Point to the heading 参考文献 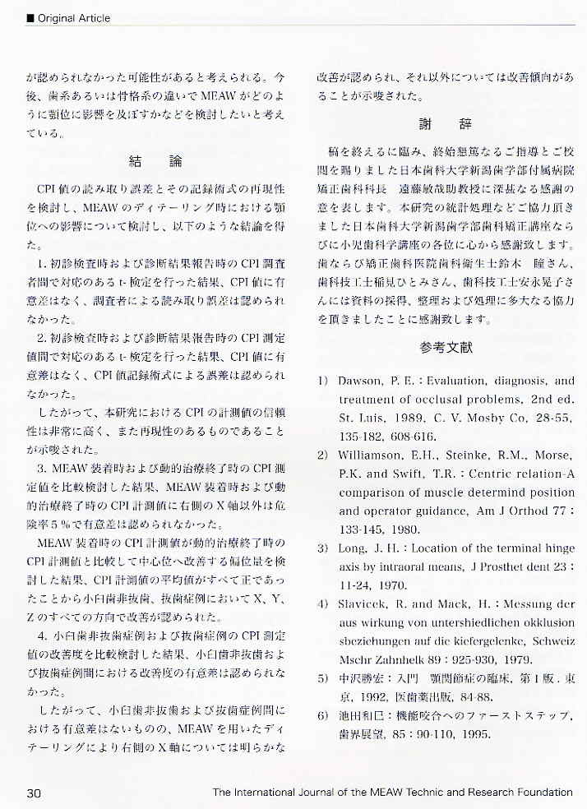pos(446,348)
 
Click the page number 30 pos(34,793)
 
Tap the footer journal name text pos(392,793)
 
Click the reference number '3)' pos(323,548)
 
